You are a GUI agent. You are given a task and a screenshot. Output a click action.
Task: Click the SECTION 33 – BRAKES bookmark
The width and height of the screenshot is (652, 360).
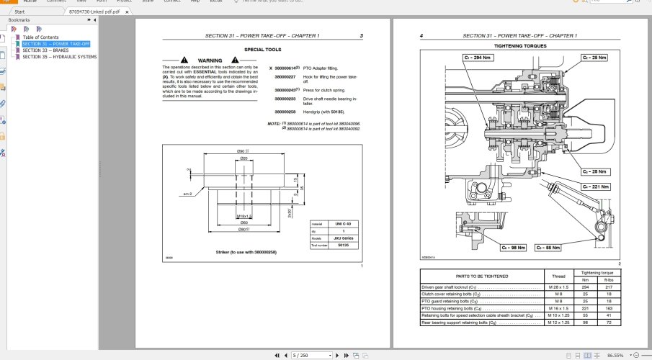tap(45, 50)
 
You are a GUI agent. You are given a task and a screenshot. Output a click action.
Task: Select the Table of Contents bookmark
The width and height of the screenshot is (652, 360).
tap(40, 37)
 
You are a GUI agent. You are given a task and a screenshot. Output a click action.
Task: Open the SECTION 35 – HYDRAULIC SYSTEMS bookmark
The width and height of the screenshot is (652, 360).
tap(59, 57)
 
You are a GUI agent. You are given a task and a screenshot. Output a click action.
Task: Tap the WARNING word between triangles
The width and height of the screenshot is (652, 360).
tap(210, 60)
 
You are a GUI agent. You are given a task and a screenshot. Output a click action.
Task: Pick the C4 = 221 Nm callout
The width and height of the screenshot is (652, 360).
tap(595, 186)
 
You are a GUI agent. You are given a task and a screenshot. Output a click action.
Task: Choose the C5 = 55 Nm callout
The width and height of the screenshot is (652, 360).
tap(550, 248)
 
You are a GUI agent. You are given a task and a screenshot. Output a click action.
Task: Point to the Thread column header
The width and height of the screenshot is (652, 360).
tap(557, 276)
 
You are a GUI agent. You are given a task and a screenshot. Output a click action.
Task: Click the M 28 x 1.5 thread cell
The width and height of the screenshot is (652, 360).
tap(557, 287)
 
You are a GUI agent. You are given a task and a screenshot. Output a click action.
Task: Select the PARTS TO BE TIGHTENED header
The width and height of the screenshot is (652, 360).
tap(482, 276)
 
